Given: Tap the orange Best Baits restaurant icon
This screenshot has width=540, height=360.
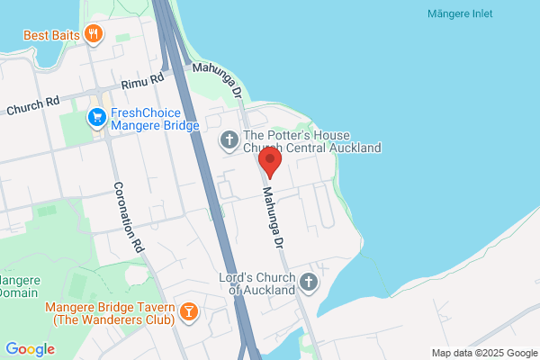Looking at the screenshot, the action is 94,35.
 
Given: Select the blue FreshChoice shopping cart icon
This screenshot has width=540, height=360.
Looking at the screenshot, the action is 96,118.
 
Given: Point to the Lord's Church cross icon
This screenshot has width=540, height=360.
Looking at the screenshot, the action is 308,283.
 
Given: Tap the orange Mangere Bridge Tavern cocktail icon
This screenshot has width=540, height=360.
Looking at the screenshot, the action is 188,311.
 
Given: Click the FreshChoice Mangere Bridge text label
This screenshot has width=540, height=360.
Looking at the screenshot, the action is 154,121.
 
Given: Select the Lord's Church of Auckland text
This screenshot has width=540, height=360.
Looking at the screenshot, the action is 257,284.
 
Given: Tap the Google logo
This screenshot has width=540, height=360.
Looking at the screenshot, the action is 31,349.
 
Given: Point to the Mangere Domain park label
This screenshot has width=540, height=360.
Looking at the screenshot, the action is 18,285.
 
